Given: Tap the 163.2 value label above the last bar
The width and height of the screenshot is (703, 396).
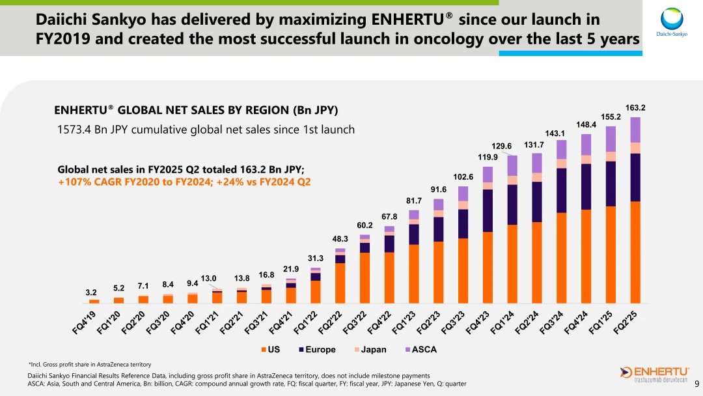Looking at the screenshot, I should pos(635,107).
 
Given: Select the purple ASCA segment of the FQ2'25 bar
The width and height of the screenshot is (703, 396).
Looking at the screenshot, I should pos(635,130).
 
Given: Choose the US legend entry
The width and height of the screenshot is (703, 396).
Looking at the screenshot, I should pos(270,350).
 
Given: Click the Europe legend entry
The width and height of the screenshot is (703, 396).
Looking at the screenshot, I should pos(317,350).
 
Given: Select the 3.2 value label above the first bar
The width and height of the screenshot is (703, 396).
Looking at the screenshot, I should pos(91,293).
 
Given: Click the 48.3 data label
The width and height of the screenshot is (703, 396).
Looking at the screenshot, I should pos(340,239).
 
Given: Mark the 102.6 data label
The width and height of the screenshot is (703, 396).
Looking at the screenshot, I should pos(463,177).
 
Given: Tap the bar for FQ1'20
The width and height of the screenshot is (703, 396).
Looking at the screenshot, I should pos(118,300).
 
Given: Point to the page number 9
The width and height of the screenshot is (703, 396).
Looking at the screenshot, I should pos(696,384).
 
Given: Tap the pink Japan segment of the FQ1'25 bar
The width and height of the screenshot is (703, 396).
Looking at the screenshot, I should pos(611,156).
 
